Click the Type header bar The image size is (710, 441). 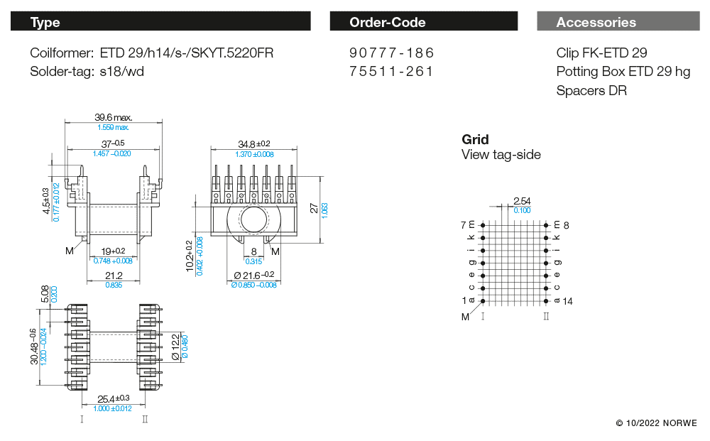pyautogui.click(x=160, y=21)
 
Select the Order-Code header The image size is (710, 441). pyautogui.click(x=423, y=21)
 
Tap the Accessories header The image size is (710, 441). pyautogui.click(x=618, y=21)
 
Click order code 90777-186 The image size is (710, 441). pyautogui.click(x=391, y=53)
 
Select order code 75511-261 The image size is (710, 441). pyautogui.click(x=391, y=72)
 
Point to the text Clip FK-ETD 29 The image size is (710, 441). pyautogui.click(x=602, y=53)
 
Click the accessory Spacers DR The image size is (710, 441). pyautogui.click(x=591, y=91)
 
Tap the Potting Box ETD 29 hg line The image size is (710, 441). pyautogui.click(x=623, y=72)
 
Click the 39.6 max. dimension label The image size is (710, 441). pyautogui.click(x=113, y=117)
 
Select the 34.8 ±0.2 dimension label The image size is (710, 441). pyautogui.click(x=254, y=144)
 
